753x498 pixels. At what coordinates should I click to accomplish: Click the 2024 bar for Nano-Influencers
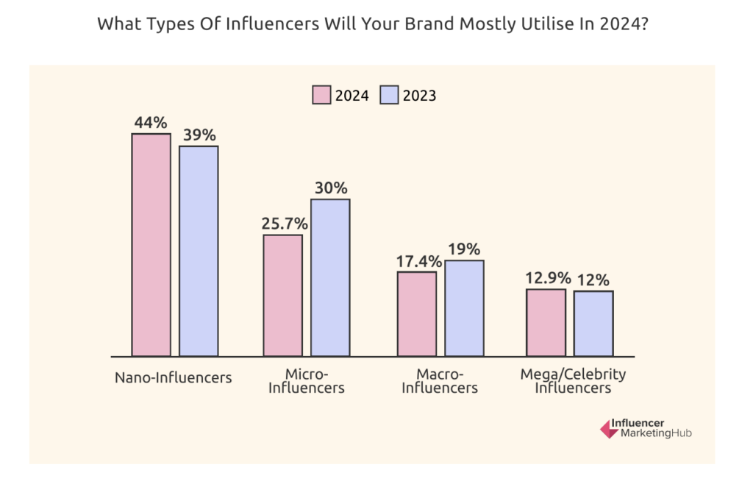click(151, 245)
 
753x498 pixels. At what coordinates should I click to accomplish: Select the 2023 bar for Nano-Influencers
click(199, 251)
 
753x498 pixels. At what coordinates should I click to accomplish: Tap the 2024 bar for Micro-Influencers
click(282, 296)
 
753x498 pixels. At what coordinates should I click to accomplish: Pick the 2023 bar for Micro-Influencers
click(330, 277)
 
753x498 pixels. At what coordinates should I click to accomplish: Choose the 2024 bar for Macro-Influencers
click(416, 314)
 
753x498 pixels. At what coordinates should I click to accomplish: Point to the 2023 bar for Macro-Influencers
click(464, 308)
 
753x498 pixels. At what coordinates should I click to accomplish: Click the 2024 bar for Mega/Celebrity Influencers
click(546, 322)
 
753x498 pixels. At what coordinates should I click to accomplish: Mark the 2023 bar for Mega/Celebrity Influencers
click(593, 324)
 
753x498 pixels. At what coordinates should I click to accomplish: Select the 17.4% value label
click(417, 261)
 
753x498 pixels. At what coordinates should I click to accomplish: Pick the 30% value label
click(331, 188)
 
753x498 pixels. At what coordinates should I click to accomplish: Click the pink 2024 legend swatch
click(321, 96)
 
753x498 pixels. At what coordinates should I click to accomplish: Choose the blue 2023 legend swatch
click(388, 96)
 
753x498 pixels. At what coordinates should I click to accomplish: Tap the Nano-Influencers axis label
click(173, 377)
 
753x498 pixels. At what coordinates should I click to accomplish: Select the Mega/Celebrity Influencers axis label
click(573, 380)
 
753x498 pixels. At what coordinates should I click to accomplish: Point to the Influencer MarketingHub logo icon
click(608, 429)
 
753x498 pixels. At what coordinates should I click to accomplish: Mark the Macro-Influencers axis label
click(440, 380)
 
